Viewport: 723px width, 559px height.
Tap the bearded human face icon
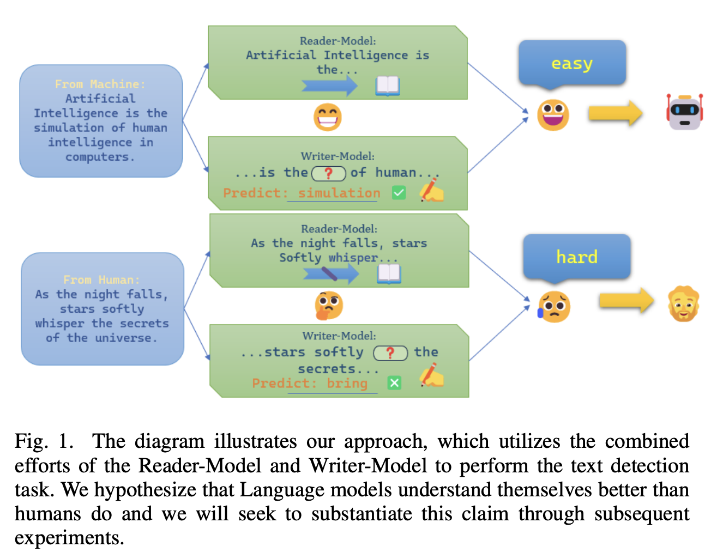click(x=683, y=304)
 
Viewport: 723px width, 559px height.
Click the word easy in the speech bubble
click(x=571, y=64)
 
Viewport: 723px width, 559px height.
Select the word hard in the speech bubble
click(x=576, y=257)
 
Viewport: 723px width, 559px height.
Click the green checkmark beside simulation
click(x=399, y=192)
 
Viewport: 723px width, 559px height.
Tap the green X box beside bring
click(x=394, y=383)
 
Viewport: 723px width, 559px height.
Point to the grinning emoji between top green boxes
click(x=328, y=117)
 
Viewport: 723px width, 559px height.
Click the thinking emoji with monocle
click(x=328, y=305)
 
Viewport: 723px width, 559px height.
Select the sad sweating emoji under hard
click(x=553, y=306)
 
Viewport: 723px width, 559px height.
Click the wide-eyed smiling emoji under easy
click(x=553, y=114)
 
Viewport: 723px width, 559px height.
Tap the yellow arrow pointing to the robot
click(x=615, y=113)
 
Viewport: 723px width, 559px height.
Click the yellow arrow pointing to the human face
click(x=626, y=301)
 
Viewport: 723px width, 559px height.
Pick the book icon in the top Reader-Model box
click(x=388, y=86)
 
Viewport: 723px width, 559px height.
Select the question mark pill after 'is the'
click(x=328, y=173)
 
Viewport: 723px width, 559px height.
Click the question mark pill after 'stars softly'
click(x=390, y=353)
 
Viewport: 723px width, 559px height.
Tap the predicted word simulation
click(x=339, y=193)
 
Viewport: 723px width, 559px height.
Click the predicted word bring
click(x=347, y=384)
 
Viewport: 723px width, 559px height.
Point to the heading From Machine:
click(x=100, y=84)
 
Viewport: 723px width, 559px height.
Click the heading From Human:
click(x=101, y=279)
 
